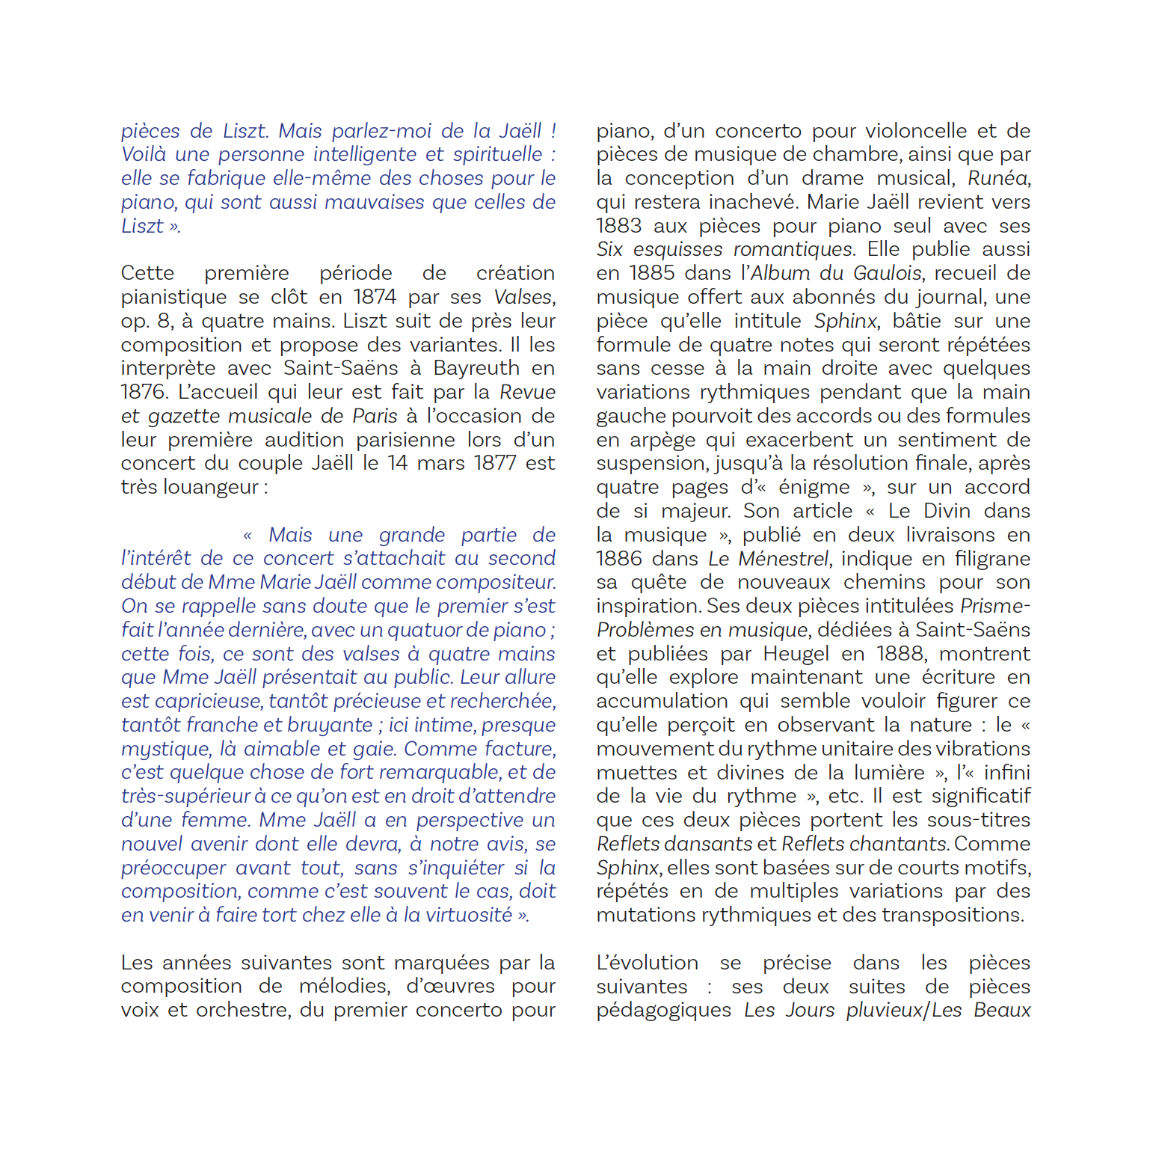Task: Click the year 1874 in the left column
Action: coord(376,297)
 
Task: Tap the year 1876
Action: coord(145,392)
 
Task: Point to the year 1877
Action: coord(495,463)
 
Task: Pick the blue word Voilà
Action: coord(143,155)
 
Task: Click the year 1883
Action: coord(619,226)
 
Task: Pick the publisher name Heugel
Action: coord(796,654)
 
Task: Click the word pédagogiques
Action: coord(664,1010)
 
